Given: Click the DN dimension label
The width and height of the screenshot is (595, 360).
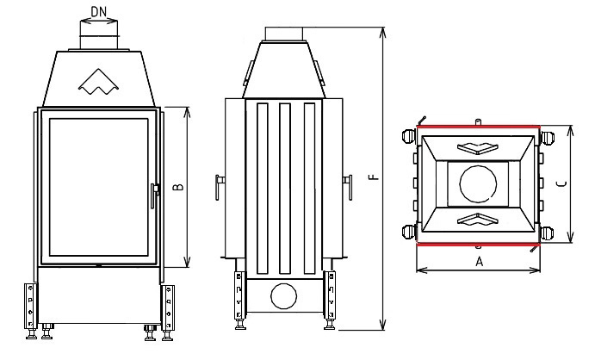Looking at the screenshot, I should point(98,12).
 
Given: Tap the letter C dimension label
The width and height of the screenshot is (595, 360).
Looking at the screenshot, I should point(561,183).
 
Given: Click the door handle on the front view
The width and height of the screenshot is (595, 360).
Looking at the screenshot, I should point(156,195).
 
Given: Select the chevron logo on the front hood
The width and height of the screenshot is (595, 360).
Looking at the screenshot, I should point(98,83).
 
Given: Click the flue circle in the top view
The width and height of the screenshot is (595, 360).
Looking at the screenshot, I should point(478,183).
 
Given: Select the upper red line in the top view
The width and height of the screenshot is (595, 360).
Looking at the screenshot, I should point(478,126).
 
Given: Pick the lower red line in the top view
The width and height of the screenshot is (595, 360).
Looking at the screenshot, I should point(478,243).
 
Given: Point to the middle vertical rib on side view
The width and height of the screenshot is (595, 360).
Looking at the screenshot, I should point(283,184).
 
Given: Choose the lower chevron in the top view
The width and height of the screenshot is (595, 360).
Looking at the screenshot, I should point(478,220).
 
